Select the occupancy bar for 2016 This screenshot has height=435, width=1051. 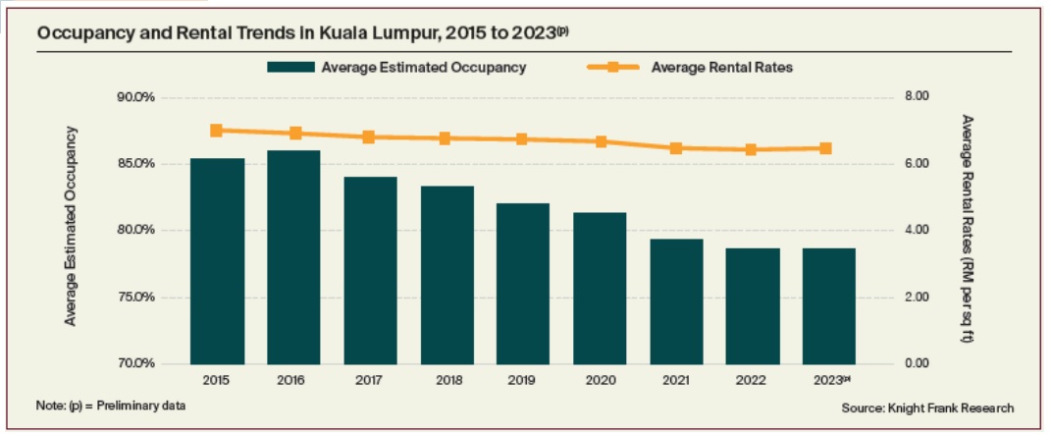click(293, 256)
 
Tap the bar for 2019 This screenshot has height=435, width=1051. click(522, 283)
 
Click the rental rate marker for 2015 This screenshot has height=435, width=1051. click(216, 130)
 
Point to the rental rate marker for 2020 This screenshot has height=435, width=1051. click(601, 141)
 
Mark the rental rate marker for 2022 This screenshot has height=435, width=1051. click(751, 149)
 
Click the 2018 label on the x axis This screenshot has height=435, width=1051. click(446, 379)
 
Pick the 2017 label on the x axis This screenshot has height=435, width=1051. click(369, 379)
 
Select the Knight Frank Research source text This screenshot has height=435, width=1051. click(926, 408)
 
